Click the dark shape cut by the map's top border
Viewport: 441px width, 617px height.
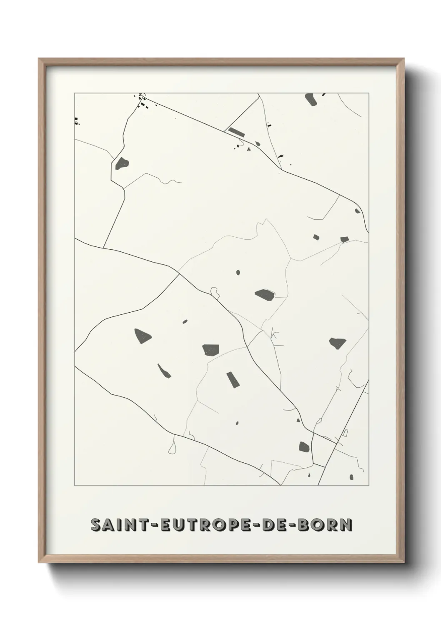click(311, 99)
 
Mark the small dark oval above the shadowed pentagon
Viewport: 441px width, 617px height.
click(238, 273)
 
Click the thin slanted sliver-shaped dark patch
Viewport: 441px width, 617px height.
click(164, 371)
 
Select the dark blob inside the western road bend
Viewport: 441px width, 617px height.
click(123, 163)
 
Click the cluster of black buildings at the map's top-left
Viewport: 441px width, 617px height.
click(143, 101)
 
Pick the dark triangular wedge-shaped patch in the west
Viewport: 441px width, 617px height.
click(142, 336)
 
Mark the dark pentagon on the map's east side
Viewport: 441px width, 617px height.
click(337, 343)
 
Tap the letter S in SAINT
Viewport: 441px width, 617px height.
click(95, 525)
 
